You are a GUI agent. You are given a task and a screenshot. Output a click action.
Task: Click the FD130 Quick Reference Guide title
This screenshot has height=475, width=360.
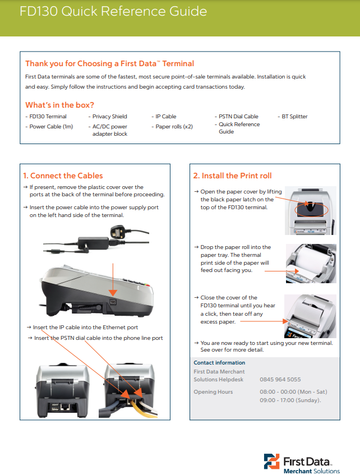[x=113, y=12]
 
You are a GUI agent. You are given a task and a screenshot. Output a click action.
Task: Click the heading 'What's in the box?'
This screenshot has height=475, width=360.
[x=59, y=105]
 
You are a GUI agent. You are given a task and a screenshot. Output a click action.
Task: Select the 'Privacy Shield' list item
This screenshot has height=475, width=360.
[x=109, y=117]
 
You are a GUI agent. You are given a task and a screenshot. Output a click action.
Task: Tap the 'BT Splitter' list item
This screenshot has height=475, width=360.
[x=293, y=117]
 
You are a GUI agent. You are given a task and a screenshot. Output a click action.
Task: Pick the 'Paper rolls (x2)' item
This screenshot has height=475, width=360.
[x=173, y=127]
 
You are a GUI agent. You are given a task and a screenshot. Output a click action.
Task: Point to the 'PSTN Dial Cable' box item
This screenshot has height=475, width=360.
[x=237, y=117]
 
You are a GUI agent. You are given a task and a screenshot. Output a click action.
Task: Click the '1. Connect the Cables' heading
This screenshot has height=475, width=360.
[x=63, y=176]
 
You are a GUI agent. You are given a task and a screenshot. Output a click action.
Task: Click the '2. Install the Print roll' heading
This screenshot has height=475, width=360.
[x=232, y=176]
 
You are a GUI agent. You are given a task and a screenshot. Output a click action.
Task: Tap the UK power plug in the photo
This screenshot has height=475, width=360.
[x=114, y=234]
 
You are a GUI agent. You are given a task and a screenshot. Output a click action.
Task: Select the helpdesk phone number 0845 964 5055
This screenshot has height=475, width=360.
[x=280, y=380]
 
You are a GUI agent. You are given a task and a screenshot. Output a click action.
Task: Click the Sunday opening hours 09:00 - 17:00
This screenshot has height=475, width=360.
[x=290, y=400]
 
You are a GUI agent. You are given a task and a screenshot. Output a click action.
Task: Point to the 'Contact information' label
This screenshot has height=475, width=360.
[x=219, y=363]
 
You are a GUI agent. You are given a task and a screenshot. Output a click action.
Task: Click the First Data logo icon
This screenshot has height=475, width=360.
[x=272, y=461]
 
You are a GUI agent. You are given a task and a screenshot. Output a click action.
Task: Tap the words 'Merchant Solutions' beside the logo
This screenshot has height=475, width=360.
[x=311, y=471]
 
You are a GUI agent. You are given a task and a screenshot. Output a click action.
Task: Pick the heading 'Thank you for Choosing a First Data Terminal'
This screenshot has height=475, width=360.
[x=110, y=63]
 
